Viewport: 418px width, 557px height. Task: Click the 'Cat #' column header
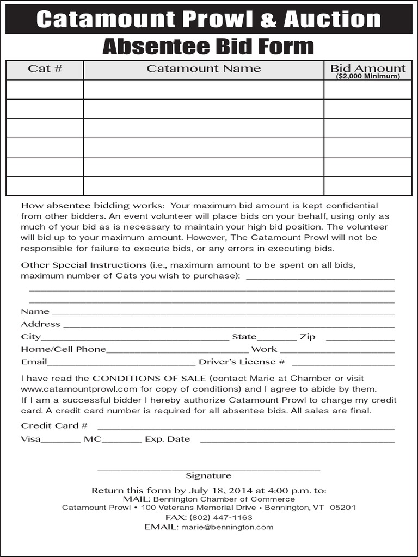(x=45, y=69)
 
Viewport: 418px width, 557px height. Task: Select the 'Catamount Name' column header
(x=204, y=69)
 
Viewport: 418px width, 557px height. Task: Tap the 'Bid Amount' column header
(x=368, y=68)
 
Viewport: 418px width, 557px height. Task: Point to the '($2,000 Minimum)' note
(x=368, y=77)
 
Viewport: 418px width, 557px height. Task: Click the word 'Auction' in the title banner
(x=332, y=20)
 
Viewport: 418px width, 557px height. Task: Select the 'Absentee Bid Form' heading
(x=208, y=47)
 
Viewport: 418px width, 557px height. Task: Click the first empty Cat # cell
(x=45, y=90)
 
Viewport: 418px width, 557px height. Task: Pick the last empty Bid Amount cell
(x=368, y=186)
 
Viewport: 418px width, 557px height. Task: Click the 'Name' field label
(x=35, y=312)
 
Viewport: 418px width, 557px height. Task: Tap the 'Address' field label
(x=40, y=324)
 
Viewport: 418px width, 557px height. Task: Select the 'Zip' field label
(x=308, y=337)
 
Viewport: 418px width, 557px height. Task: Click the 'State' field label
(x=244, y=337)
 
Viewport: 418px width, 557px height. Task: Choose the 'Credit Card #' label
(x=54, y=425)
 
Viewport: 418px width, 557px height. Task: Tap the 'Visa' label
(x=30, y=439)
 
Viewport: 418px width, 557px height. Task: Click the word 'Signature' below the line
(x=208, y=476)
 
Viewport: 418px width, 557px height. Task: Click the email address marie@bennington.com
(x=228, y=527)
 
